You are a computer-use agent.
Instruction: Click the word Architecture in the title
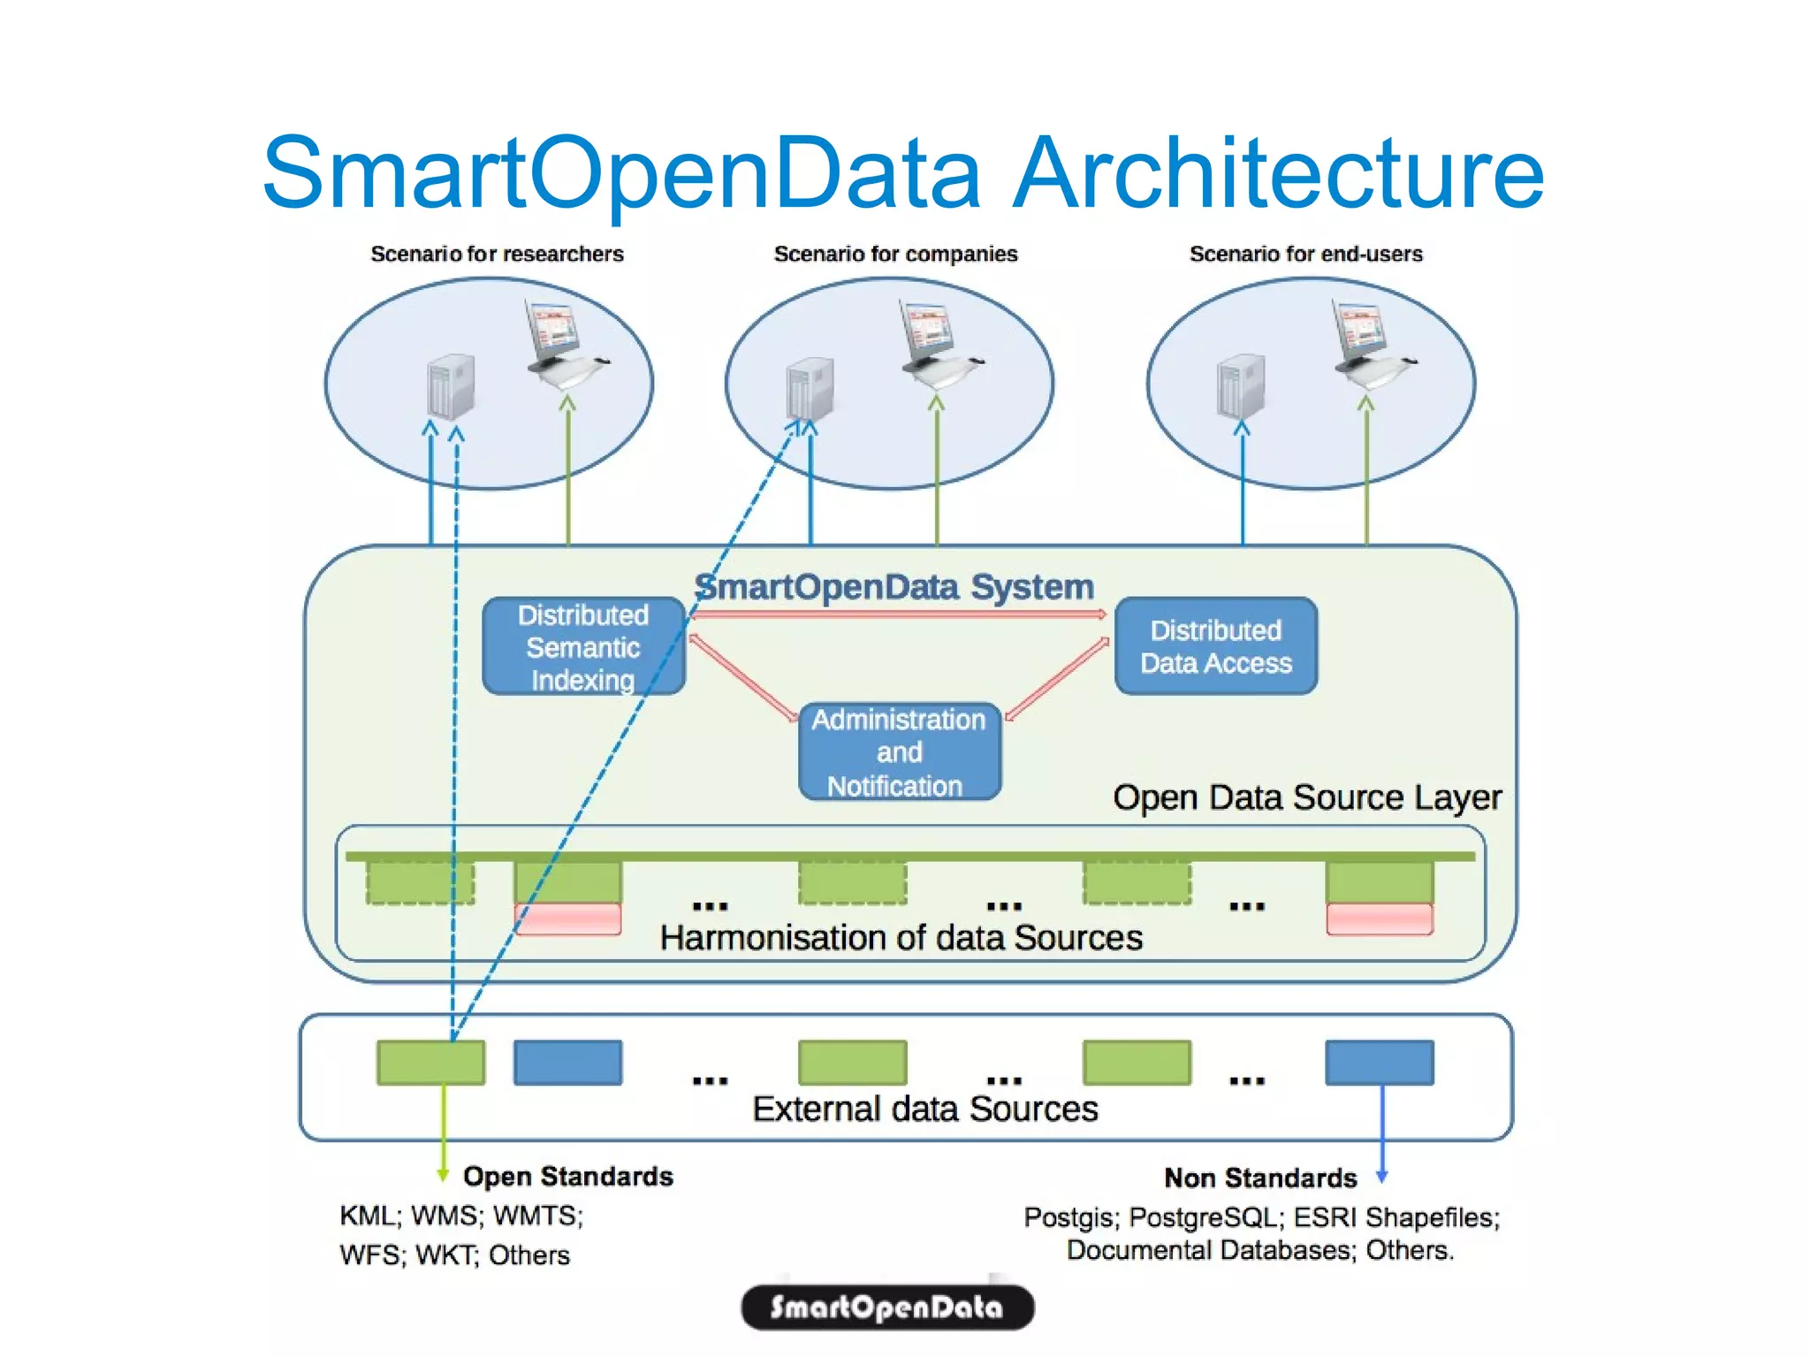pyautogui.click(x=1278, y=173)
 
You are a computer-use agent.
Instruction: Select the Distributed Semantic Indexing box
pyautogui.click(x=583, y=646)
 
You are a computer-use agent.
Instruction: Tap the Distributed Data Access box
pyautogui.click(x=1216, y=646)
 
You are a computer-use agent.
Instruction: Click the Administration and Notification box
pyautogui.click(x=899, y=751)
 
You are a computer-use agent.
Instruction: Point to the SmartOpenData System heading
pyautogui.click(x=894, y=586)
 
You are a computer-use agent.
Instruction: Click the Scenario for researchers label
pyautogui.click(x=497, y=255)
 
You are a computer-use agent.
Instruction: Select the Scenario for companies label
pyautogui.click(x=895, y=255)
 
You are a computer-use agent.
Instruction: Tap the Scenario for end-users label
pyautogui.click(x=1305, y=255)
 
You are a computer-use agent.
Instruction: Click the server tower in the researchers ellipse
pyautogui.click(x=452, y=386)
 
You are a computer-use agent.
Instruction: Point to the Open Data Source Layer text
pyautogui.click(x=1306, y=797)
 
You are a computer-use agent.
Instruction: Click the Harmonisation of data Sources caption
pyautogui.click(x=901, y=937)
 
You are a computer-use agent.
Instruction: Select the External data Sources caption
pyautogui.click(x=924, y=1109)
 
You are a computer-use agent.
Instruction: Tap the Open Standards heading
pyautogui.click(x=567, y=1177)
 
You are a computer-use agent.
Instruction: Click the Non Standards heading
pyautogui.click(x=1259, y=1178)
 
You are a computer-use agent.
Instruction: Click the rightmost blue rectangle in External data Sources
pyautogui.click(x=1379, y=1063)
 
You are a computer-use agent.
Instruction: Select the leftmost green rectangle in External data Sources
pyautogui.click(x=430, y=1063)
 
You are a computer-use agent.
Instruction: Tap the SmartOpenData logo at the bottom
pyautogui.click(x=886, y=1307)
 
